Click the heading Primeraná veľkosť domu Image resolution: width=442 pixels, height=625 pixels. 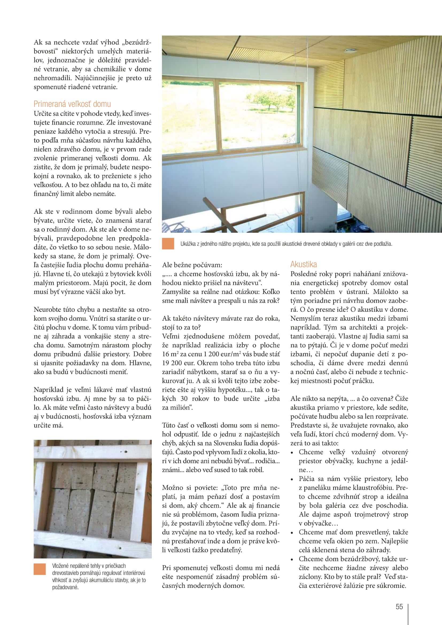click(x=72, y=104)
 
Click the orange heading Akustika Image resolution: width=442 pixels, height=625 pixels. click(x=304, y=264)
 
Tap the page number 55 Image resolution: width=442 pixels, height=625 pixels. click(x=399, y=607)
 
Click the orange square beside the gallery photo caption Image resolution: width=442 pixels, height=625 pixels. click(x=168, y=244)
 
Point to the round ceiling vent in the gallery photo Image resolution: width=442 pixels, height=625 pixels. click(x=349, y=50)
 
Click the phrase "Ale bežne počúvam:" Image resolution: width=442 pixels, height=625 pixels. click(x=192, y=265)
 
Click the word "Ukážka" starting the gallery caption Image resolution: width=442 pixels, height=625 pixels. click(x=188, y=244)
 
